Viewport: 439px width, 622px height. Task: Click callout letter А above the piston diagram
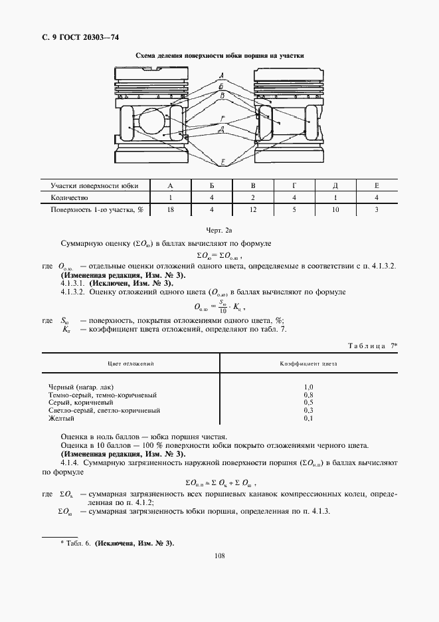coord(220,74)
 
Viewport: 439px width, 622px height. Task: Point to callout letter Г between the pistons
coord(222,118)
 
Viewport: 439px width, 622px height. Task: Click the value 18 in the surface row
coord(171,210)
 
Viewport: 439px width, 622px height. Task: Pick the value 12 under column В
coord(253,210)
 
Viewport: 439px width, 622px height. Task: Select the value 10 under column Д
coord(335,210)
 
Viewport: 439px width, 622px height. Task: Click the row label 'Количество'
coord(70,198)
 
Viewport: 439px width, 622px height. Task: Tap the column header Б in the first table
coord(212,186)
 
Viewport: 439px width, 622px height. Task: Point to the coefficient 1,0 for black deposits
coord(308,386)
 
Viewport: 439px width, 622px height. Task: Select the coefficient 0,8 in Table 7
coord(308,394)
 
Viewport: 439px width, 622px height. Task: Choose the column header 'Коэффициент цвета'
coord(308,364)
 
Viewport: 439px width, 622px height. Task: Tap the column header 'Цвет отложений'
coord(131,364)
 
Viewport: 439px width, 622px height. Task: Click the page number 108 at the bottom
coord(220,556)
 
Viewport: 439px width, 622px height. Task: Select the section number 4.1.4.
coord(71,461)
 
